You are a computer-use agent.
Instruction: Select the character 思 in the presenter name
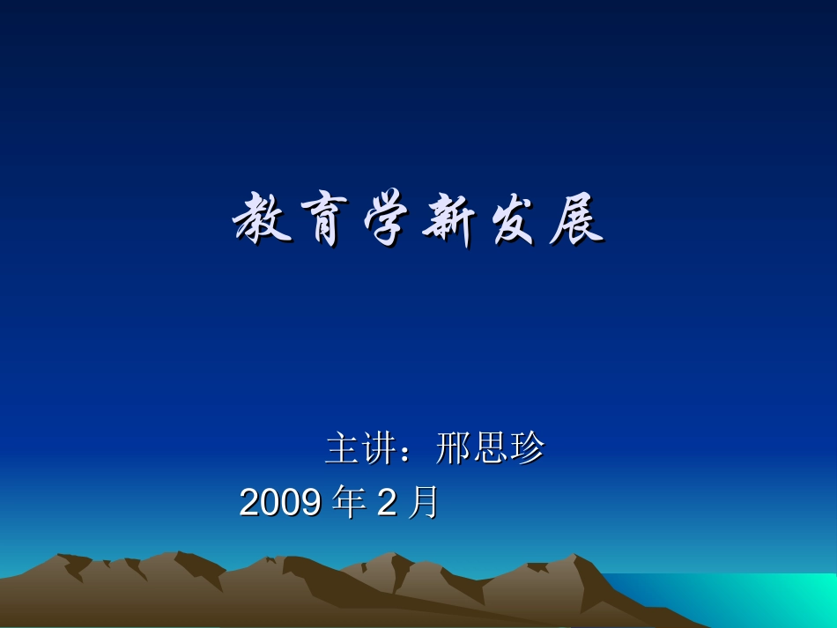490,449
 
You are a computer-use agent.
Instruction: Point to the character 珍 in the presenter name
527,449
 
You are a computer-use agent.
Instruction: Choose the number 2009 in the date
280,503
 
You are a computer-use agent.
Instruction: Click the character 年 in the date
348,503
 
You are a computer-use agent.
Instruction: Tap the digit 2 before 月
386,503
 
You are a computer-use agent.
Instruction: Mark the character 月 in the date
423,503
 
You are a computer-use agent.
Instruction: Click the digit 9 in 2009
310,503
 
